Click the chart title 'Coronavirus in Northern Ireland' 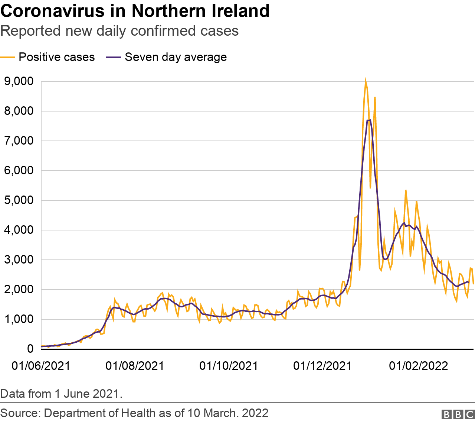click(135, 11)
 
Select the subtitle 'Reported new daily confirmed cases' click(119, 31)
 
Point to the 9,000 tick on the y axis click(19, 81)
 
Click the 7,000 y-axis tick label click(19, 141)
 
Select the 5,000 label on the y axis click(19, 200)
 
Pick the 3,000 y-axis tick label click(19, 259)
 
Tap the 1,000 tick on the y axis click(19, 319)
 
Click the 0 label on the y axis click(30, 349)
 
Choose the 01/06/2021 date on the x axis click(41, 366)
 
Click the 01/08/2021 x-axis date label click(135, 366)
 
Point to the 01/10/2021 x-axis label click(229, 366)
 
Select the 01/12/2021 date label click(322, 366)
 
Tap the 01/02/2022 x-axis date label click(418, 366)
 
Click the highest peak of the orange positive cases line click(366, 80)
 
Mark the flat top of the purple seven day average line click(369, 120)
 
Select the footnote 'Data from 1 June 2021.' click(61, 394)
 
